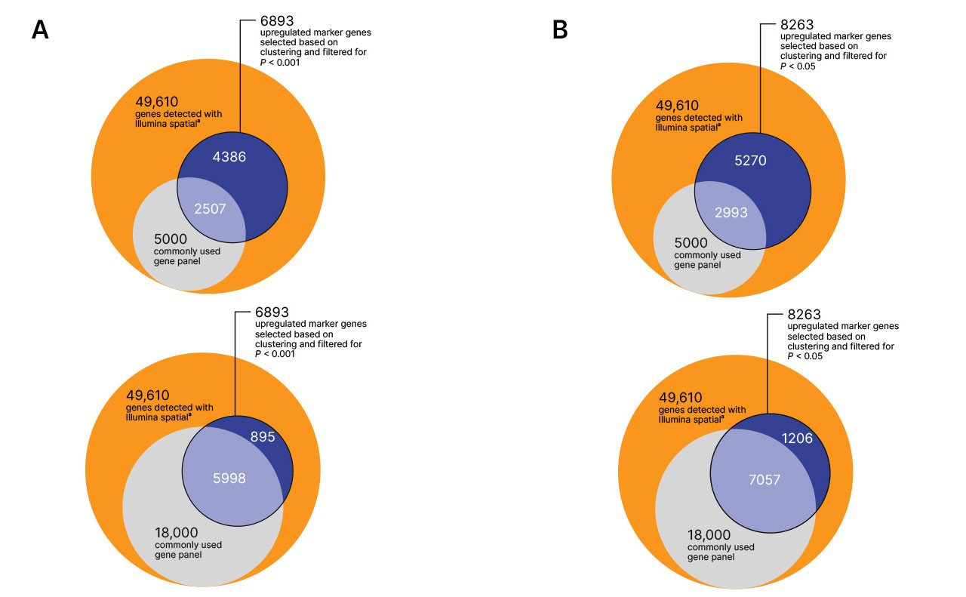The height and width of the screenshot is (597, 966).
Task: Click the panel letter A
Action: click(x=40, y=29)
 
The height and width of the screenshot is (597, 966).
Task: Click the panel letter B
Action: click(x=560, y=29)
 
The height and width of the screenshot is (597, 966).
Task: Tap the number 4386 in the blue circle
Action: click(x=229, y=156)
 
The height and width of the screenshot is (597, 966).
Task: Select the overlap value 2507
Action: click(x=210, y=209)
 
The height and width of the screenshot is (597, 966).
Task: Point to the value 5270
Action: click(x=750, y=161)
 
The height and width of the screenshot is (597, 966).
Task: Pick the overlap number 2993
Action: click(x=731, y=212)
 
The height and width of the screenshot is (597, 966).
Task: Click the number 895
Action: click(x=263, y=436)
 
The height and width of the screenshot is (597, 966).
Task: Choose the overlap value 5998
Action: click(x=229, y=478)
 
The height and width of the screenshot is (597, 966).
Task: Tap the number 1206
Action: click(x=797, y=439)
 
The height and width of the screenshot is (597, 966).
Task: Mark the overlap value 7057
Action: click(x=764, y=480)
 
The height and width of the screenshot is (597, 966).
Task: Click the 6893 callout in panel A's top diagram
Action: click(x=277, y=20)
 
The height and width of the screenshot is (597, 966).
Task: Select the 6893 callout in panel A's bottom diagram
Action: click(x=272, y=312)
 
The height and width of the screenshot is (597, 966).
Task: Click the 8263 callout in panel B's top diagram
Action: click(x=797, y=25)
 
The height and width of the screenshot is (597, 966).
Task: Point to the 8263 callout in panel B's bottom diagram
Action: click(x=804, y=315)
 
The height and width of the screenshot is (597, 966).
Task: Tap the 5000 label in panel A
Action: click(x=171, y=239)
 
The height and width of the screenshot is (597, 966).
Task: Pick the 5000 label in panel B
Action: click(x=691, y=242)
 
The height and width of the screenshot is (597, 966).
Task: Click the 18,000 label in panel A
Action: click(x=177, y=533)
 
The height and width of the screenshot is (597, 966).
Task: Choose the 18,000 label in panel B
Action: click(x=709, y=535)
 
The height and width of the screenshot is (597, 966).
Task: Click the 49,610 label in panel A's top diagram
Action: click(x=156, y=102)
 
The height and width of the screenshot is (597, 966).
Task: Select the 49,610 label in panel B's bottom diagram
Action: click(x=681, y=397)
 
